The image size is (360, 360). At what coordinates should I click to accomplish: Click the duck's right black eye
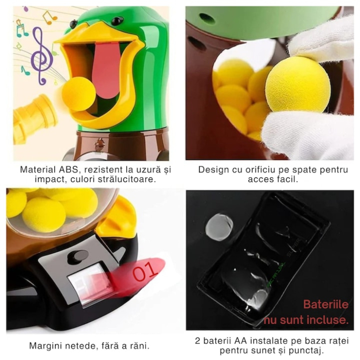[x=117, y=21]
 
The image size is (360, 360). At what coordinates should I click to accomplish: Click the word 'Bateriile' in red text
[x=325, y=304]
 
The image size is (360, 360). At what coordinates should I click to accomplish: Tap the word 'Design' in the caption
[x=213, y=170]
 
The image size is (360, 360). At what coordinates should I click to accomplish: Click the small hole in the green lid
[x=208, y=19]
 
